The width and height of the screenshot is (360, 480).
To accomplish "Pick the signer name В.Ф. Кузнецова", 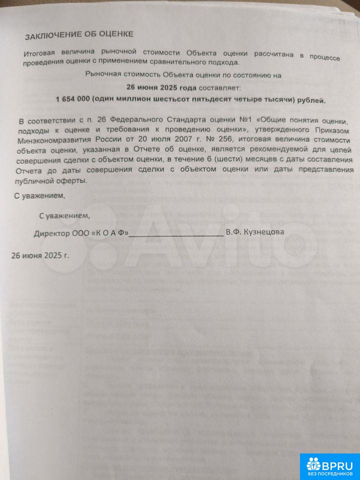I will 255,232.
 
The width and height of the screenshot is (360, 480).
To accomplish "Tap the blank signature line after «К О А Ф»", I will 176,233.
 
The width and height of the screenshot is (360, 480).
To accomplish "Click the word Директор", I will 50,233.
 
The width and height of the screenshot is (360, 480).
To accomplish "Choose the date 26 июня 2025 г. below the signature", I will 39,254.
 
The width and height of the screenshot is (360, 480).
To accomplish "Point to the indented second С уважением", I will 65,215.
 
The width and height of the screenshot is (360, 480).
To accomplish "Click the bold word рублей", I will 311,100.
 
